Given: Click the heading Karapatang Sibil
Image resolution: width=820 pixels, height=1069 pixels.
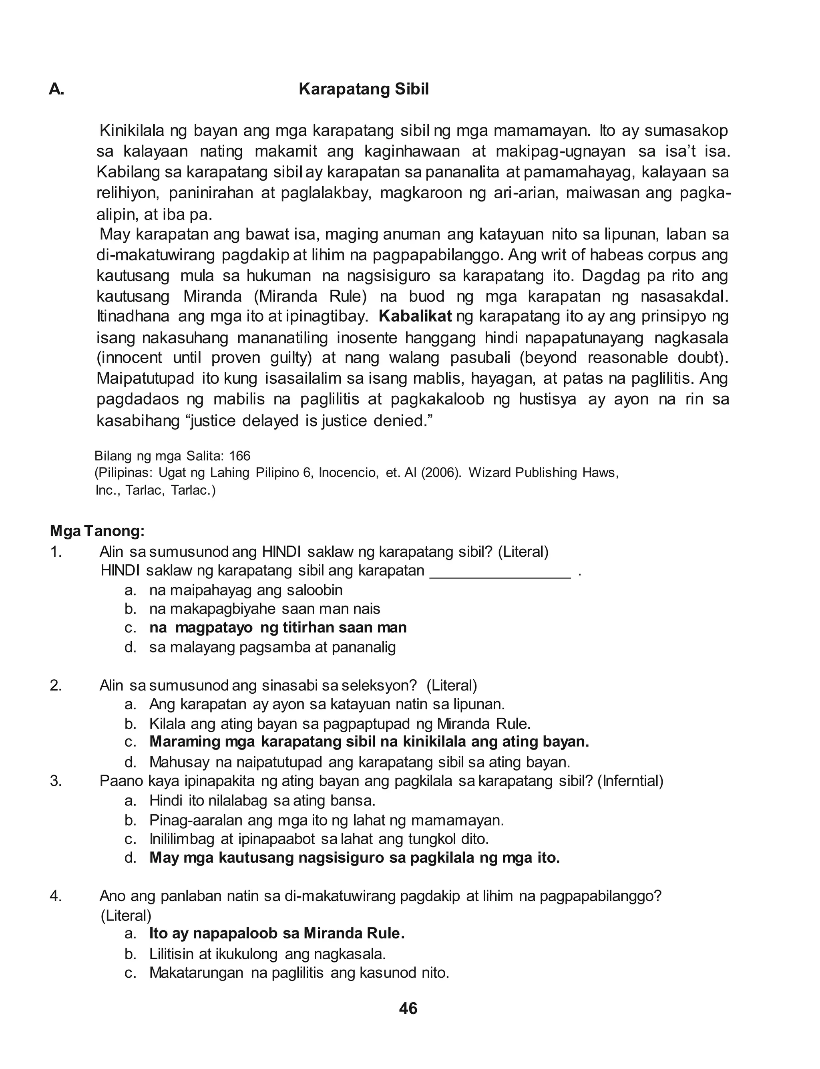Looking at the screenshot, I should (364, 89).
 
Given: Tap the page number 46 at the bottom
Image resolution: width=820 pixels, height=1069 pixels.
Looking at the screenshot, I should (408, 1009).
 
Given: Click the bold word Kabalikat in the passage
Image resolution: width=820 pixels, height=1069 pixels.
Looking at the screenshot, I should (415, 316).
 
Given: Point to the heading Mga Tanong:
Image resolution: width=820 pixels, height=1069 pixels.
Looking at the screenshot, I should (97, 531).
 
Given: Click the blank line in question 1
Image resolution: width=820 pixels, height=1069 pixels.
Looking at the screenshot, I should (500, 571).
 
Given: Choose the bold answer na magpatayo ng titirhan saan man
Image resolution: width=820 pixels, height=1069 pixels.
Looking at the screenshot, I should (278, 627).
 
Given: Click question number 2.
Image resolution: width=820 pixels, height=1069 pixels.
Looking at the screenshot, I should (56, 685).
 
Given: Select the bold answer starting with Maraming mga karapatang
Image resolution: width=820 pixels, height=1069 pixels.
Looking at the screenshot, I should (369, 741).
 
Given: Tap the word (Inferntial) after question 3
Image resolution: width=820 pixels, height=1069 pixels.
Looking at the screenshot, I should (633, 781).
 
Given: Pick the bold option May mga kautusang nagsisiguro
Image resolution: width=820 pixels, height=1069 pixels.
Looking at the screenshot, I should (354, 858).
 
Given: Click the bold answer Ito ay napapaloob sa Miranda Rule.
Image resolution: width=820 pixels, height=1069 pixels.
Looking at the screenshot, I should (277, 933).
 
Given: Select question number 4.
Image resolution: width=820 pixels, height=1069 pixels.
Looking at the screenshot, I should (56, 896).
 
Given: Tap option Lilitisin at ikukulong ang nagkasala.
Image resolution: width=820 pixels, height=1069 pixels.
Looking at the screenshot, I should (267, 953).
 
